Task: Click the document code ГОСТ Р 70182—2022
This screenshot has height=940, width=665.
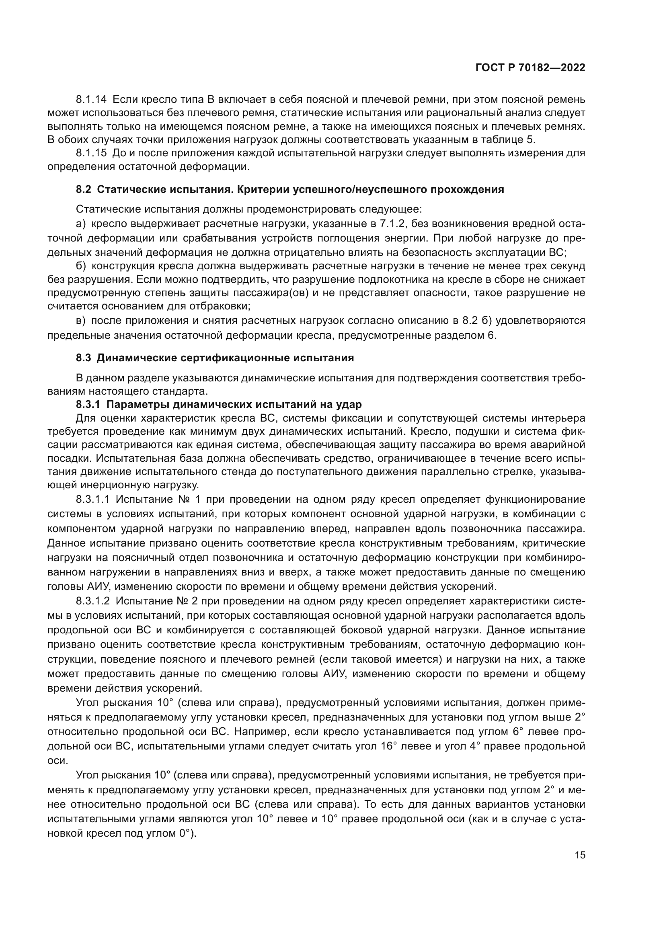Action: click(x=530, y=68)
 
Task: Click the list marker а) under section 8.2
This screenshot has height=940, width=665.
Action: click(x=81, y=224)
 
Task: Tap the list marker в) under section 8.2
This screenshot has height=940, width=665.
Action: click(x=81, y=321)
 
